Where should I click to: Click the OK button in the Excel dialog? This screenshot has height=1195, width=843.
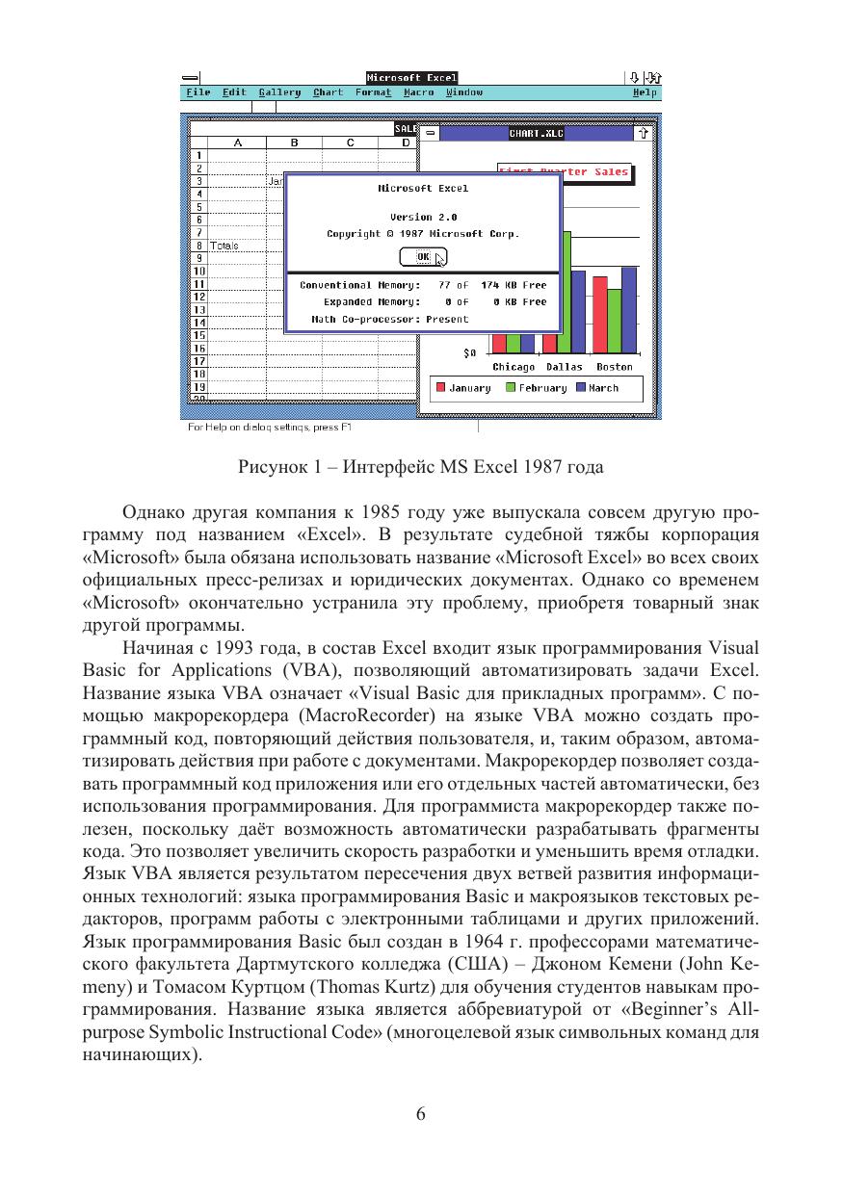(423, 257)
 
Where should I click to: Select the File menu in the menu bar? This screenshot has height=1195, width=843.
(198, 92)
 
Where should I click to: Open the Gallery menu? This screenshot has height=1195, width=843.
(279, 92)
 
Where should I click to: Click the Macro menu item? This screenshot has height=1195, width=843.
(418, 92)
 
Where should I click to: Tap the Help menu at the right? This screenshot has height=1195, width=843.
(645, 92)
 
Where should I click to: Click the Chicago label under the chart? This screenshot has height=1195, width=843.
(514, 367)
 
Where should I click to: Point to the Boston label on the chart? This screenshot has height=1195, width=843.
(615, 367)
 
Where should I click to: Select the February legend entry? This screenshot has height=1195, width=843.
(542, 388)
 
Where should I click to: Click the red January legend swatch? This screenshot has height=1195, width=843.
(441, 388)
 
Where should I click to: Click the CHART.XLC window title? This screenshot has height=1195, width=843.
(536, 134)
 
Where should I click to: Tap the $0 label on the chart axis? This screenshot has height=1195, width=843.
(470, 353)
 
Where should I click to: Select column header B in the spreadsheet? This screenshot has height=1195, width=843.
(294, 143)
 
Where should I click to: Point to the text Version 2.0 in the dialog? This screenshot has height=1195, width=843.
(423, 218)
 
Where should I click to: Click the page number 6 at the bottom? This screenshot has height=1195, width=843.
(421, 1114)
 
